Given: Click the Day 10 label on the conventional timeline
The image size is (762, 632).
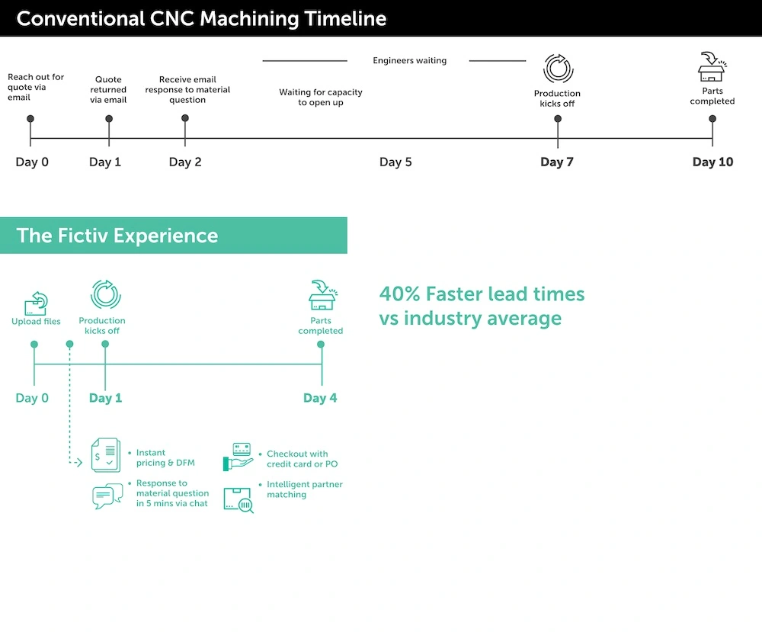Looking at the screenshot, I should click(712, 162).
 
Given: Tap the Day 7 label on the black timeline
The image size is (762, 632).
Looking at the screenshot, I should click(557, 162).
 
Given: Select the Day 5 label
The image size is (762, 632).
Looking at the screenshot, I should click(395, 162).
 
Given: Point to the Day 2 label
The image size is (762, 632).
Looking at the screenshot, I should click(185, 162).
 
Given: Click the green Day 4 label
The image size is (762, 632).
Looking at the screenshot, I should click(320, 398).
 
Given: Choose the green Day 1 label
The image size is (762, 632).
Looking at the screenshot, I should click(105, 398).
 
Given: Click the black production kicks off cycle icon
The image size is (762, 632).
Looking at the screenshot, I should click(558, 69).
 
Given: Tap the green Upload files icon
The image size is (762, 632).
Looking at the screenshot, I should click(36, 303).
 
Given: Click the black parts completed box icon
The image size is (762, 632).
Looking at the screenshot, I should click(712, 67).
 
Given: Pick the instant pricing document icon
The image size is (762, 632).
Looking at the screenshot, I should click(106, 455).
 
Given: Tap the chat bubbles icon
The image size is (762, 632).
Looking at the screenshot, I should click(107, 496).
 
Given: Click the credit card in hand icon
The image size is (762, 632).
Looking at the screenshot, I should click(239, 457).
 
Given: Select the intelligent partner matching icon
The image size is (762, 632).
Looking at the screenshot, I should click(238, 499).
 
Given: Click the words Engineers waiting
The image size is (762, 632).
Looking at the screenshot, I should click(409, 60).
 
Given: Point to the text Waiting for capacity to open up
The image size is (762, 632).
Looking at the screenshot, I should click(321, 98).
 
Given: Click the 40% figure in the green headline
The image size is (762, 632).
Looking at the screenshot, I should click(399, 294).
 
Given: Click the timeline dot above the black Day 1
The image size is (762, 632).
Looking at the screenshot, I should click(109, 119).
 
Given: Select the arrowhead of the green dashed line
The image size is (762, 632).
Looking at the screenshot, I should click(78, 462).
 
